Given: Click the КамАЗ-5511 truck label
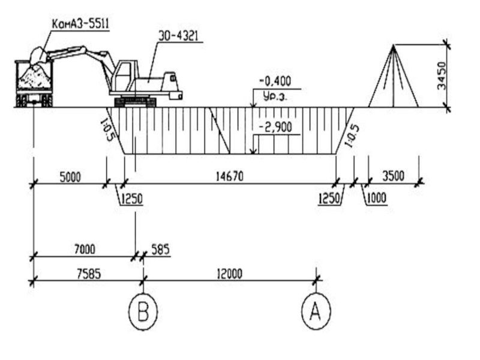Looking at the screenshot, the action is coord(80,23).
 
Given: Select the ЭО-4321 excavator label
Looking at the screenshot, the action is coord(178,36).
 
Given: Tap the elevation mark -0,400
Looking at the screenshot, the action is coord(275,81).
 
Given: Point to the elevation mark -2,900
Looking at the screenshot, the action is coord(275,127).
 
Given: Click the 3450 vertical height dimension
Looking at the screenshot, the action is coord(442,76).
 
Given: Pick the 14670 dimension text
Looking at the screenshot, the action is coord(230,176).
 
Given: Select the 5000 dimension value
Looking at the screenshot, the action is coord(70,177).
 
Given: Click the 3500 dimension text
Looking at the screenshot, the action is coord(394,176).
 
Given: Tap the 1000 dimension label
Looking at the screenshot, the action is coord(377,199).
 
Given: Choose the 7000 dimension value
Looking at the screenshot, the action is coord(85,249).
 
